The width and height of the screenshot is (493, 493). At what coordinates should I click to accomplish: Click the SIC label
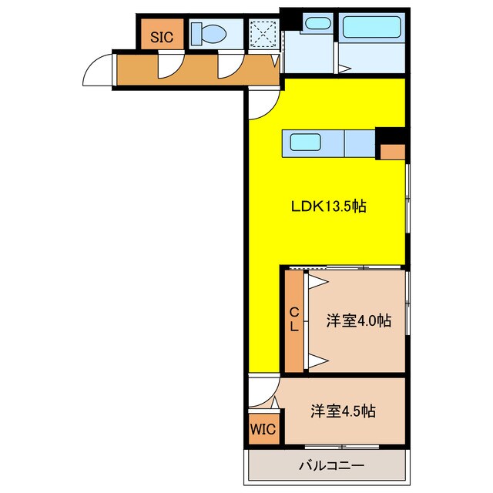(x=161, y=36)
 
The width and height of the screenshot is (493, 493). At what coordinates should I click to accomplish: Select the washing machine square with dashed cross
(x=263, y=33)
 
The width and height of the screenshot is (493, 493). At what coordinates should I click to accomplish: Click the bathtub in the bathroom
(x=371, y=29)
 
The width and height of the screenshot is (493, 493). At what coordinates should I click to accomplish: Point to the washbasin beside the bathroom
(x=315, y=23)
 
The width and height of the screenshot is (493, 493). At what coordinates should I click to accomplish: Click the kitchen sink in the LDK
(x=305, y=143)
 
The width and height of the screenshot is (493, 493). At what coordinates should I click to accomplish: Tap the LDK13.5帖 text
(x=328, y=206)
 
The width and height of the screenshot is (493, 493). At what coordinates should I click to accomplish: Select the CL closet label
(x=293, y=318)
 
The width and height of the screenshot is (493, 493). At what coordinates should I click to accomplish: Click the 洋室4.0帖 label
(x=357, y=320)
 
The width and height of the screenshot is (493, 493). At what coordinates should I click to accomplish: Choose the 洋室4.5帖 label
(x=344, y=411)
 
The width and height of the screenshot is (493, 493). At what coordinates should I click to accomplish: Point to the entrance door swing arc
(x=99, y=72)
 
